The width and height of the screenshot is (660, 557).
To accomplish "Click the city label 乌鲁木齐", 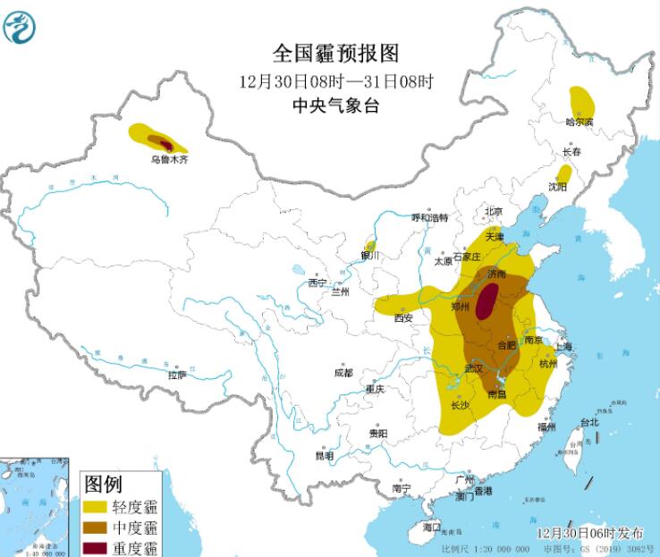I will (x=170, y=160).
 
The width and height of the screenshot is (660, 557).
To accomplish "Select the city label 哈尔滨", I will (x=580, y=121).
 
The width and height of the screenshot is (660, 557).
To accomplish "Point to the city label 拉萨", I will (x=175, y=376).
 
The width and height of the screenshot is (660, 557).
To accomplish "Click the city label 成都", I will (x=343, y=372).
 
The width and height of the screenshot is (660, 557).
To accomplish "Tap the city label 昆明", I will (x=324, y=456).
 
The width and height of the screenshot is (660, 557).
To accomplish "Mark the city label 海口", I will (x=433, y=527).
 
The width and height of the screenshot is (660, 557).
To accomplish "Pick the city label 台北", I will (x=589, y=422).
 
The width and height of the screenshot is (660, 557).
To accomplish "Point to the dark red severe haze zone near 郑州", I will (x=487, y=302).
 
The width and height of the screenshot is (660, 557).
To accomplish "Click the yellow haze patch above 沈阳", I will (x=564, y=173).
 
